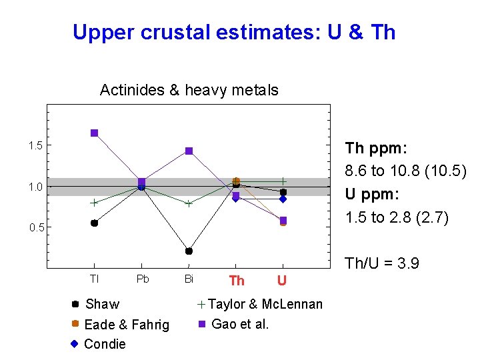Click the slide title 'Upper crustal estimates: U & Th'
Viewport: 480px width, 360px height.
pos(234,31)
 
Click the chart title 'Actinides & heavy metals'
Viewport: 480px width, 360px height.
pos(189,90)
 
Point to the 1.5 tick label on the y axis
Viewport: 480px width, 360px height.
pos(35,146)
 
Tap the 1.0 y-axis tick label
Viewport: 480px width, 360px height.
pos(35,187)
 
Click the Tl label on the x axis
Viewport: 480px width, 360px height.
pos(94,279)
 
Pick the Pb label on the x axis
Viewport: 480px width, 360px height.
pos(143,279)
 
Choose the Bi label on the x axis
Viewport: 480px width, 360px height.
pos(189,279)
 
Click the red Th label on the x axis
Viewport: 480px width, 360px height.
pos(237,281)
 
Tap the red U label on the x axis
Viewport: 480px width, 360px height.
pos(282,281)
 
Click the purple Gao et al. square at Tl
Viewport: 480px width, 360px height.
pos(95,133)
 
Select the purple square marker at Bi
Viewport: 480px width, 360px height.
pos(189,151)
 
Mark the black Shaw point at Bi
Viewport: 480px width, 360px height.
pos(189,251)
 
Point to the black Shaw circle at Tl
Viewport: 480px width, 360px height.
pos(95,223)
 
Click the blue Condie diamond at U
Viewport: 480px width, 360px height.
pos(283,199)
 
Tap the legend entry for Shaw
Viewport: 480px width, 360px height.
pos(102,304)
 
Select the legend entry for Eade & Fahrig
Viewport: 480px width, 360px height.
pos(127,325)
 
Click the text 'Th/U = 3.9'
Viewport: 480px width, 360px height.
pos(382,263)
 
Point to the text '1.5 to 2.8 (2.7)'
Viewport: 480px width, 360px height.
pos(397,217)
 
